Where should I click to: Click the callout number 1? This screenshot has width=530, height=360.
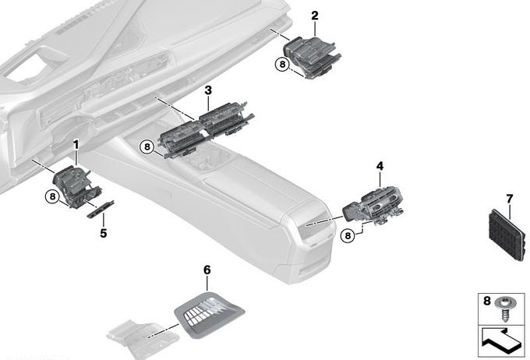pyautogui.click(x=76, y=145)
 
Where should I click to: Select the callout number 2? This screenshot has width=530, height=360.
pyautogui.click(x=315, y=16)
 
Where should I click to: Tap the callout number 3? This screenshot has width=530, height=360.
pyautogui.click(x=208, y=90)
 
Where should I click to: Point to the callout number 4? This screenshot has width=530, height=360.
pyautogui.click(x=380, y=166)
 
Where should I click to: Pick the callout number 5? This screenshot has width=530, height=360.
pyautogui.click(x=104, y=233)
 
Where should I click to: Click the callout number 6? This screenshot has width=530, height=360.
pyautogui.click(x=207, y=270)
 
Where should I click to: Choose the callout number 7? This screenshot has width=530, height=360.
pyautogui.click(x=510, y=199)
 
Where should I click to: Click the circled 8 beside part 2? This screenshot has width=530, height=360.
pyautogui.click(x=283, y=64)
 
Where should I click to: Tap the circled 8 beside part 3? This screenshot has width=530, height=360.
pyautogui.click(x=147, y=146)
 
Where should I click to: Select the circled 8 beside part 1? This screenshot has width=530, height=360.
pyautogui.click(x=52, y=196)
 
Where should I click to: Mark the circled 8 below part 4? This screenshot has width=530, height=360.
pyautogui.click(x=348, y=235)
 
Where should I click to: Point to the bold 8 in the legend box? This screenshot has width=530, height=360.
pyautogui.click(x=486, y=301)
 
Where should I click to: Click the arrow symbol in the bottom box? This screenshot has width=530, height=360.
pyautogui.click(x=501, y=341)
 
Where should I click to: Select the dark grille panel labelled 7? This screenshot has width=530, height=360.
pyautogui.click(x=507, y=235)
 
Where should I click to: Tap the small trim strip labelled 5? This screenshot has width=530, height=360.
pyautogui.click(x=101, y=210)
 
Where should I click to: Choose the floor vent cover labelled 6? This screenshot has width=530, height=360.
pyautogui.click(x=209, y=315)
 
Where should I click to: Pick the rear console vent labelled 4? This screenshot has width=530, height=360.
pyautogui.click(x=373, y=206)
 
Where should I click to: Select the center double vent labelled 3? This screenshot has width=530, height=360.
pyautogui.click(x=207, y=129)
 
